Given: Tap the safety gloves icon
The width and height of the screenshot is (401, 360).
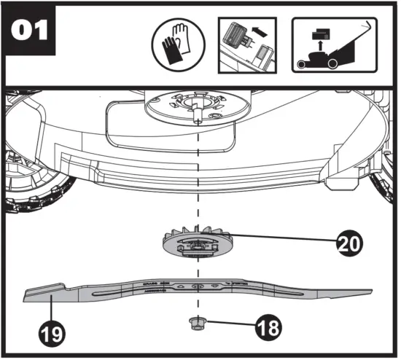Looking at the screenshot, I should (x=176, y=45).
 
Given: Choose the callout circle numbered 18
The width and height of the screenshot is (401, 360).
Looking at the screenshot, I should (x=267, y=326).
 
